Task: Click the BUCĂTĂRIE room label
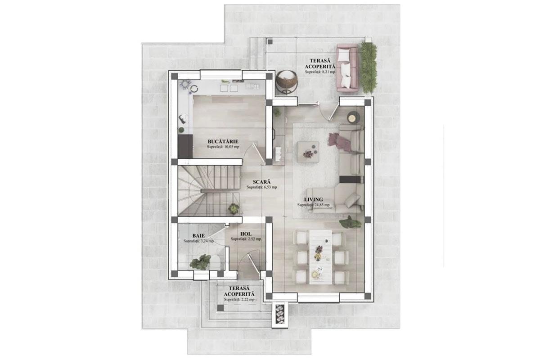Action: [x=223, y=142]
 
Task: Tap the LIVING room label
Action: [x=313, y=200]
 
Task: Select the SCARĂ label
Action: [x=262, y=182]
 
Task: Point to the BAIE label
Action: [x=198, y=236]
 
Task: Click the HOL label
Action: [x=246, y=234]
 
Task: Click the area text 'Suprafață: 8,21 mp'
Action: [x=320, y=72]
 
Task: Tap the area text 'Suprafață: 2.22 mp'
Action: [x=239, y=300]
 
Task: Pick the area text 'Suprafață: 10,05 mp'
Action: [x=223, y=147]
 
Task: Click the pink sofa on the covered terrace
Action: [x=347, y=68]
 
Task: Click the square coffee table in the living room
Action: [x=308, y=152]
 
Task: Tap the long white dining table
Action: [x=320, y=257]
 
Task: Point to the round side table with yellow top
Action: [x=353, y=118]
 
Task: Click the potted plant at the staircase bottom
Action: [x=234, y=208]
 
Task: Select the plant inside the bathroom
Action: [x=200, y=262]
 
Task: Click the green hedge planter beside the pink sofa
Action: [x=369, y=68]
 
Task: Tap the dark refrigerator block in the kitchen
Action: [x=185, y=146]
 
